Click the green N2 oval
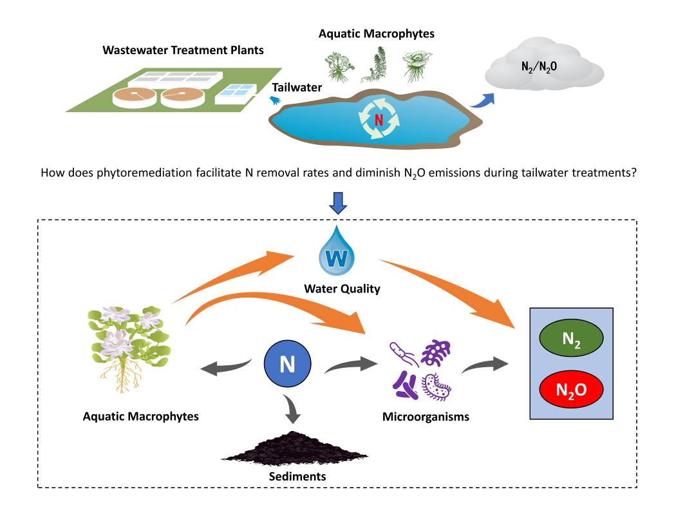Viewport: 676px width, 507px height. [x=571, y=338]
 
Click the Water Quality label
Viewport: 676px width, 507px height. [x=342, y=289]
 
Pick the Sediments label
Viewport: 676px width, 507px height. [x=297, y=477]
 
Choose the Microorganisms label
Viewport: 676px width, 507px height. [x=426, y=416]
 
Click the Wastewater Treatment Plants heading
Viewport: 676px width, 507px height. [x=183, y=50]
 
